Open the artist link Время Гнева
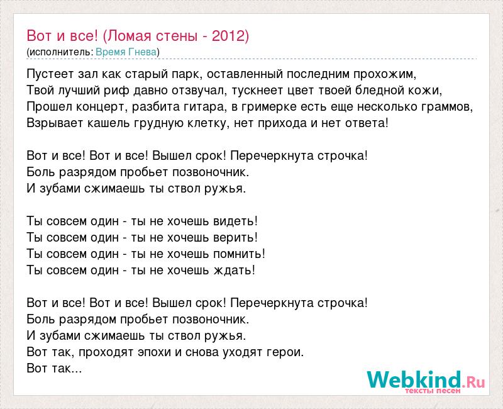126,52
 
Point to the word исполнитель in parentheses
60,52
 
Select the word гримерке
268,107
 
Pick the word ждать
234,271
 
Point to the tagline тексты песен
433,391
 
